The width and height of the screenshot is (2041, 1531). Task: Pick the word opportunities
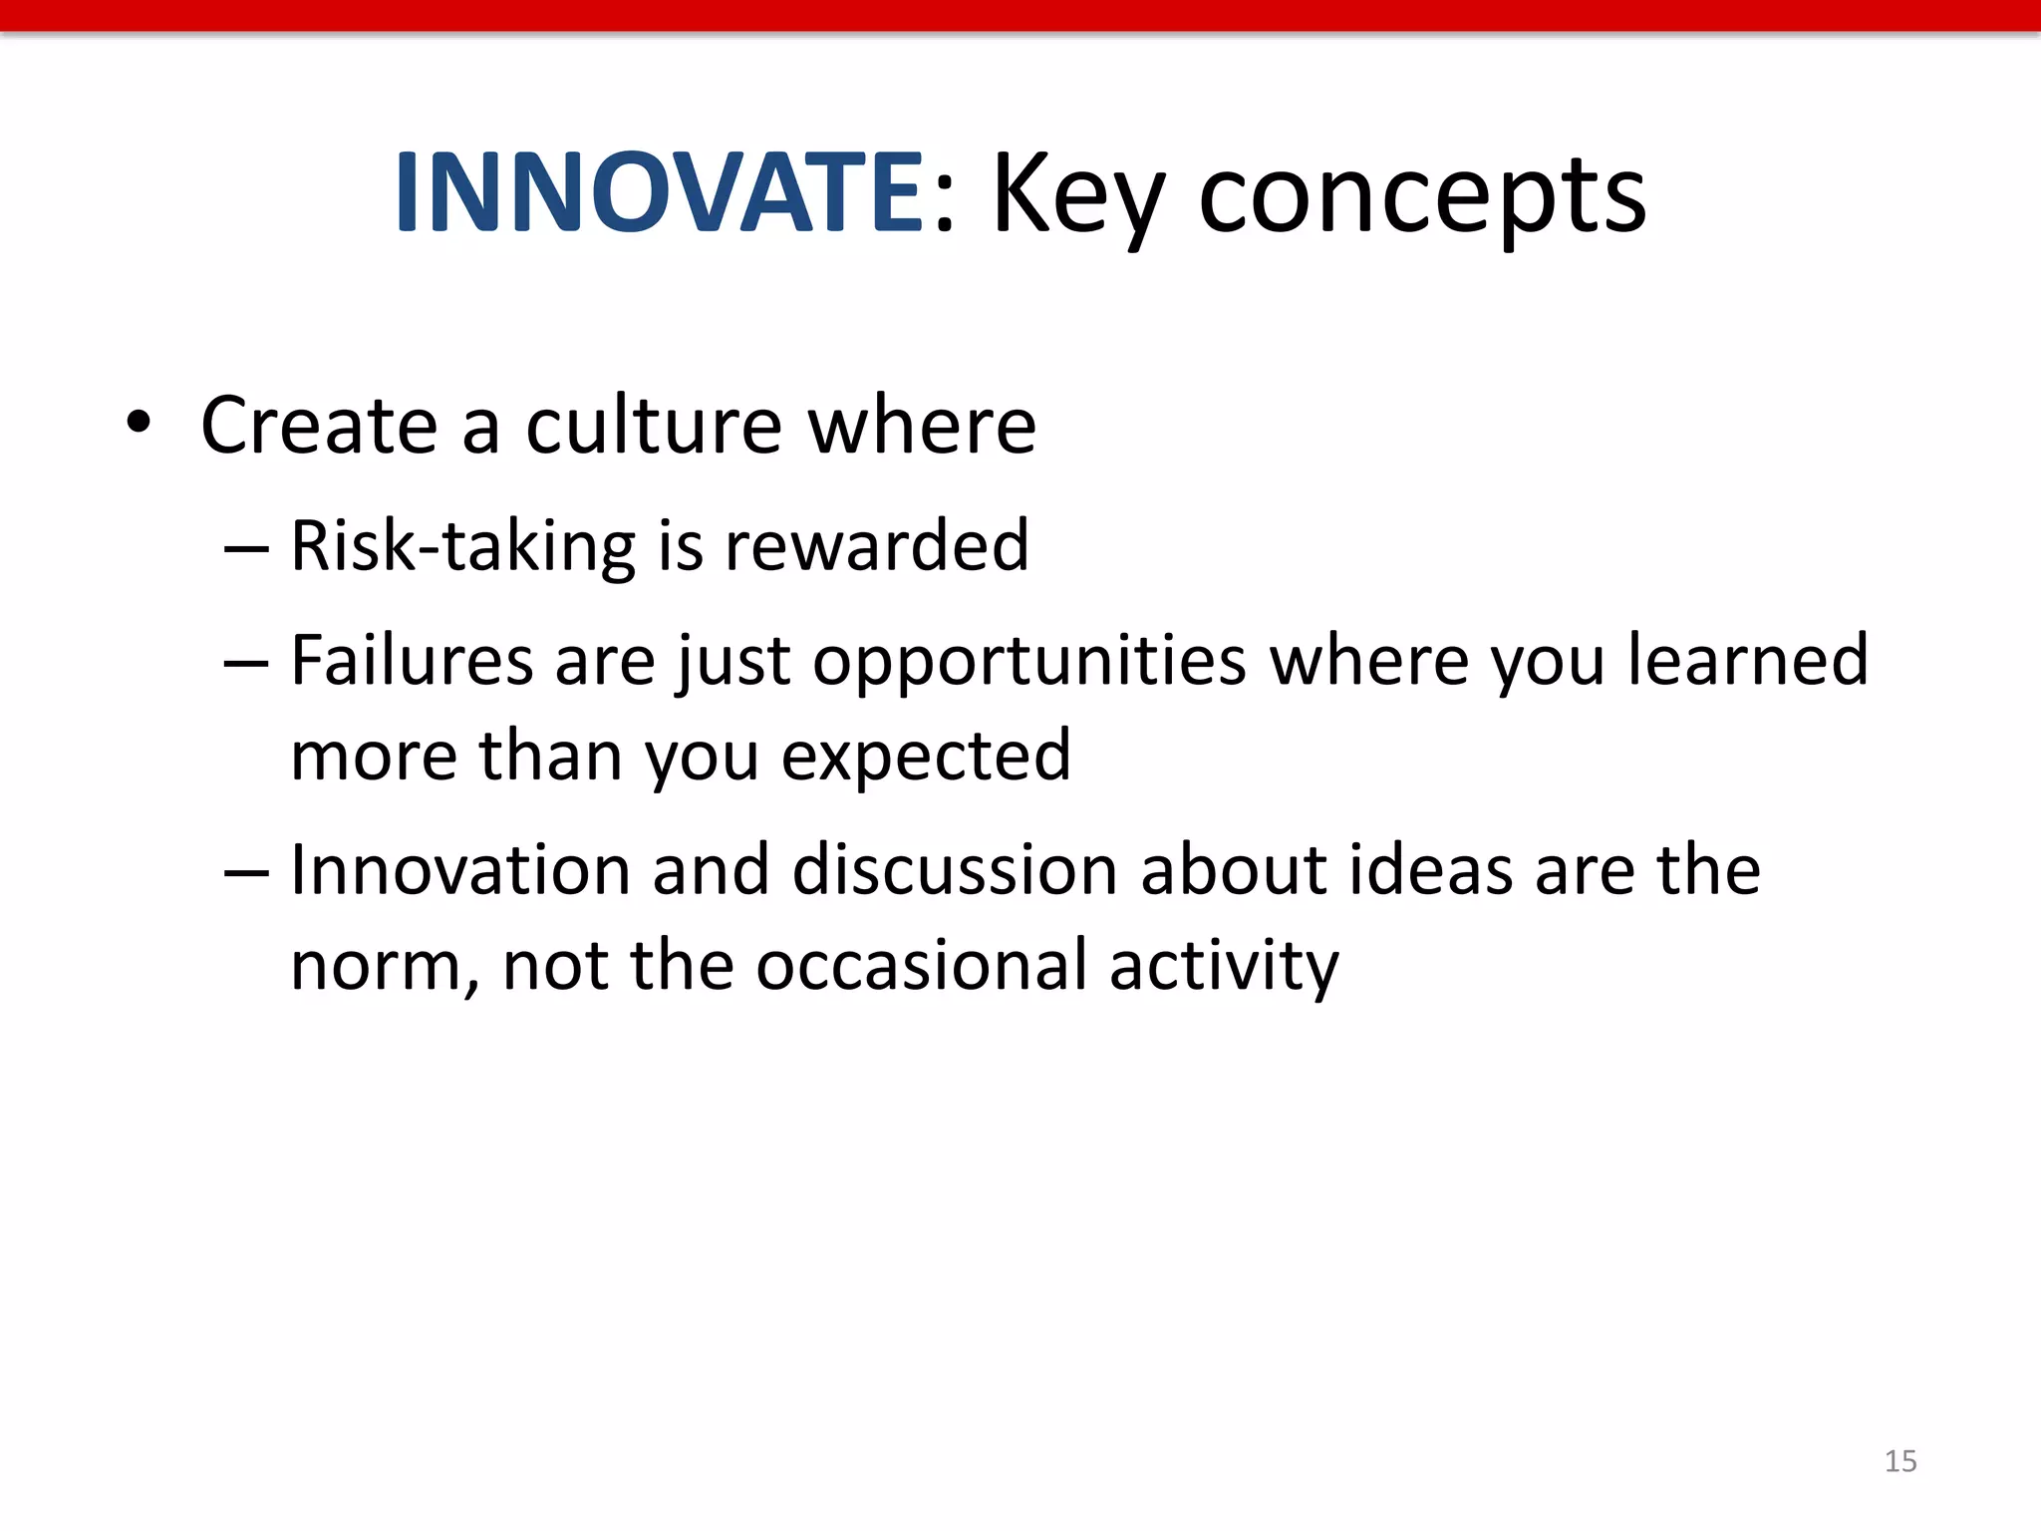click(1028, 662)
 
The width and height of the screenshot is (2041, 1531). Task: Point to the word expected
click(926, 757)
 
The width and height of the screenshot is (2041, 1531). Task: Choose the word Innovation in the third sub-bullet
click(460, 870)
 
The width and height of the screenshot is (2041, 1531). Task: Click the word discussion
click(954, 870)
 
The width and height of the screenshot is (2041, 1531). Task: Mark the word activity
click(1224, 967)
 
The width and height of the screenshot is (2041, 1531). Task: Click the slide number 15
click(1900, 1461)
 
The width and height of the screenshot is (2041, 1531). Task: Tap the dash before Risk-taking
click(246, 548)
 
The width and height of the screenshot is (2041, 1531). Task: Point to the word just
click(735, 662)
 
